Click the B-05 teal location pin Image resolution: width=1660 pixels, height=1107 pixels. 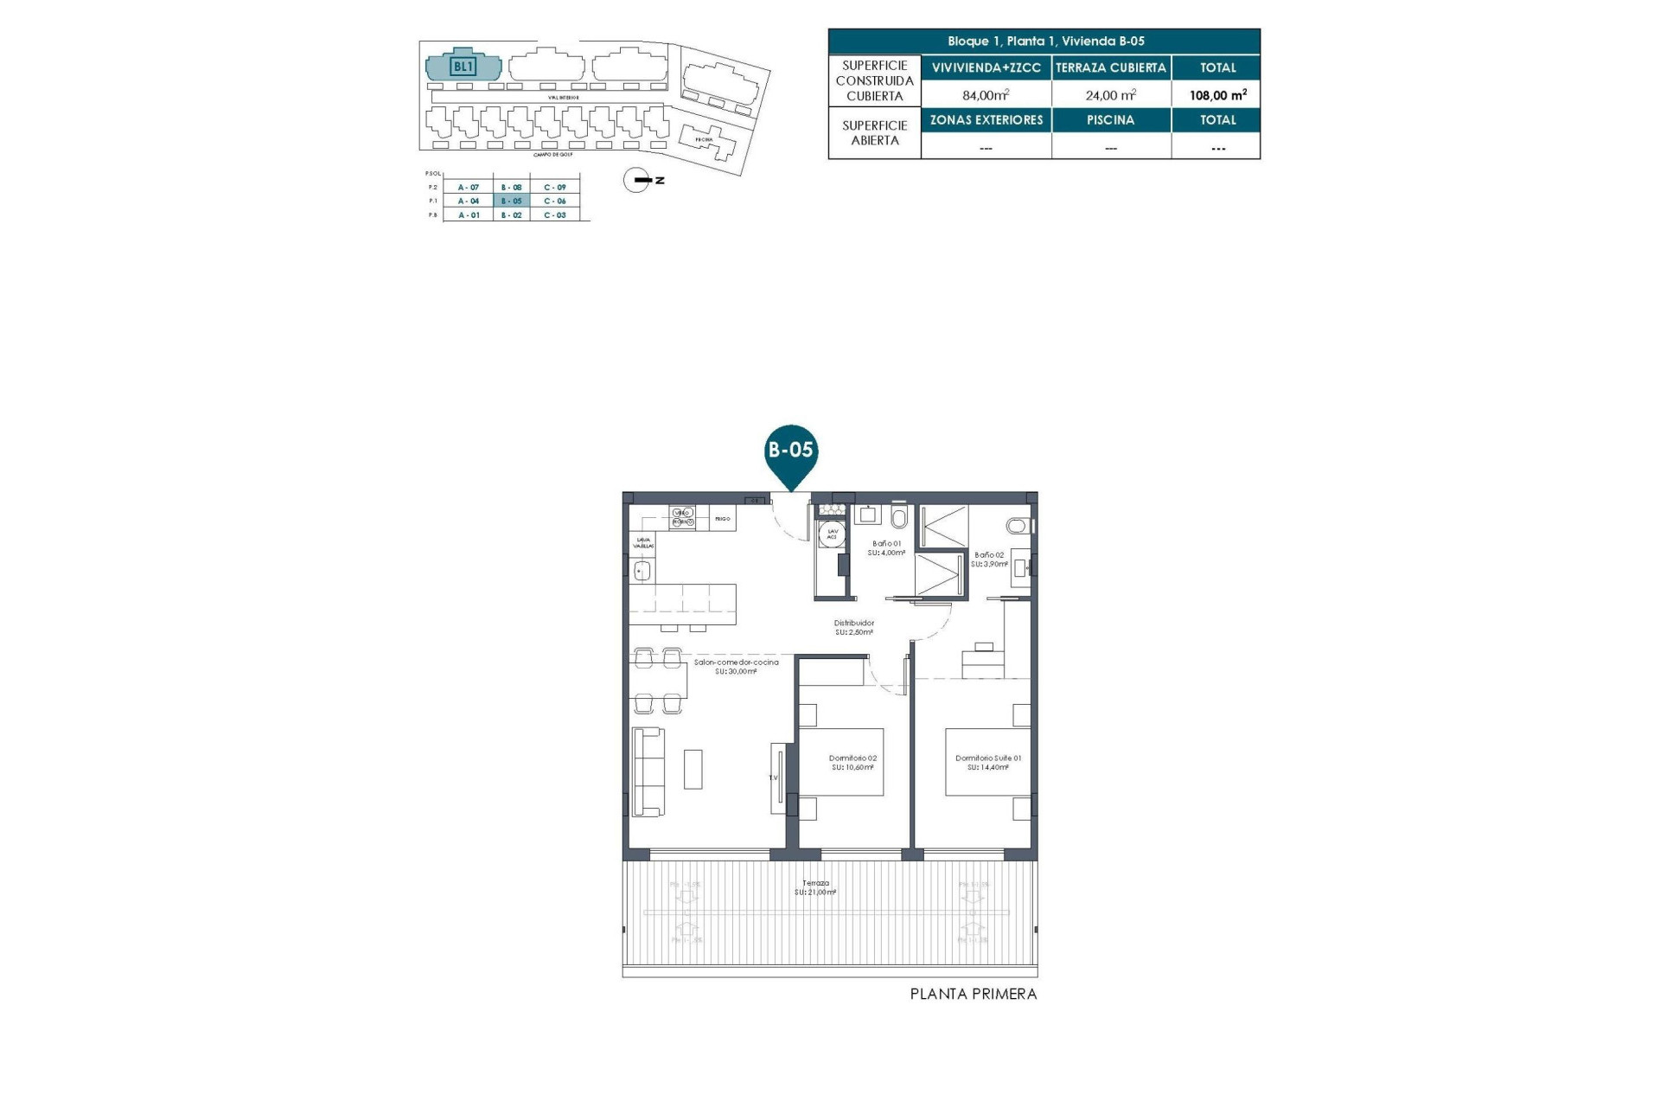(791, 451)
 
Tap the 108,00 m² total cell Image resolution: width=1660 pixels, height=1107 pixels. (1217, 95)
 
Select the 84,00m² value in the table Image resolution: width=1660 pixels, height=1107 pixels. (986, 95)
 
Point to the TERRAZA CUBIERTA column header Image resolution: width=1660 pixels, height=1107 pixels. (1111, 67)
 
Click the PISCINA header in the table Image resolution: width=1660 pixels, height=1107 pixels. (1111, 120)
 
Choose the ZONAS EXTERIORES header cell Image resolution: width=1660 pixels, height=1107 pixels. (986, 120)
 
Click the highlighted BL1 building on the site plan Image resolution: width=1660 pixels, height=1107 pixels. (463, 66)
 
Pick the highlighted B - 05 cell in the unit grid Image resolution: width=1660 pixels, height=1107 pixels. (512, 201)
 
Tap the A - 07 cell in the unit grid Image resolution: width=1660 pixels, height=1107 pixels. (469, 187)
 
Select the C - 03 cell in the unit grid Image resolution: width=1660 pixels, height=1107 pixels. (555, 214)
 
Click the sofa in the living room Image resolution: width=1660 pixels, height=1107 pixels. (648, 771)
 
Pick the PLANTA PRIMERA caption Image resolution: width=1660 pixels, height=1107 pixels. (973, 995)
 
